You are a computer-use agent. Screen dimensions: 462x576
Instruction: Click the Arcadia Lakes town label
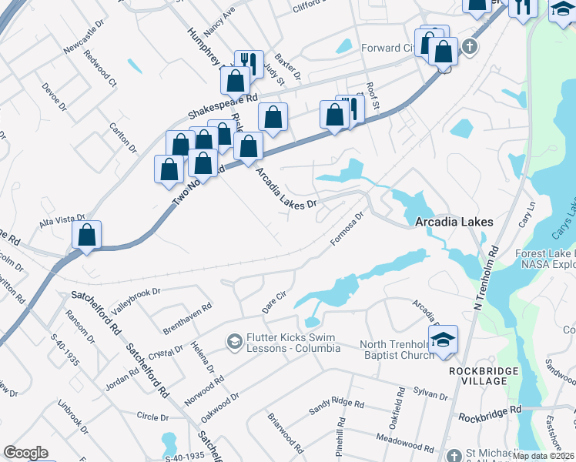point(454,222)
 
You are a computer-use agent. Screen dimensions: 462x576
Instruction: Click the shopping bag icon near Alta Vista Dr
point(87,236)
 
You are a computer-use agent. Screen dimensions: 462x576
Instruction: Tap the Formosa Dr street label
point(347,230)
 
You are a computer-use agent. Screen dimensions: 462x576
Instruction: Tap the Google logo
point(25,453)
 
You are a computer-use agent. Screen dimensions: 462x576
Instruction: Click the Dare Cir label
point(274,301)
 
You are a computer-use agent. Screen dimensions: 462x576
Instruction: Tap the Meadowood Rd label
point(404,441)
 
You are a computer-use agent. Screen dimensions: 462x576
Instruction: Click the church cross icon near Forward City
point(469,47)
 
